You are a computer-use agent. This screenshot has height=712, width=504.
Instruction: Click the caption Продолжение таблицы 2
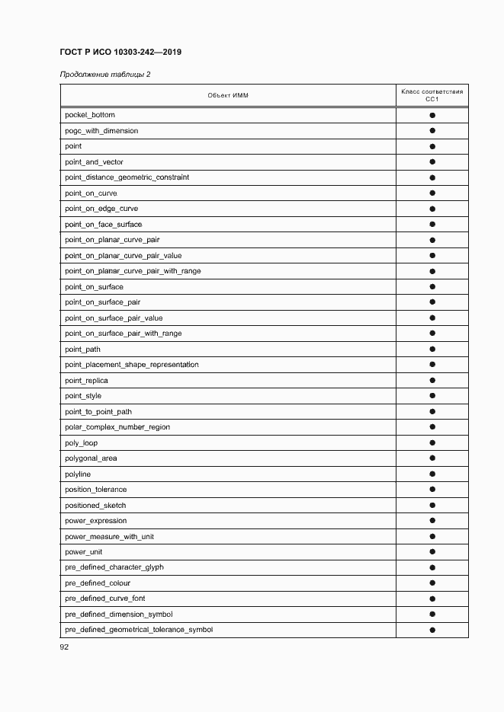(x=104, y=74)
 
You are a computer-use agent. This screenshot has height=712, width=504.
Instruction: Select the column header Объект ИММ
(x=228, y=95)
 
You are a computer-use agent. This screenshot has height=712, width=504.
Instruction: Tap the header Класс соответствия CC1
(x=432, y=95)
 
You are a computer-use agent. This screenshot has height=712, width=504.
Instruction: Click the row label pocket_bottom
(x=90, y=115)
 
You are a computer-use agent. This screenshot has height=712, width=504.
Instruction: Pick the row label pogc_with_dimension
(x=101, y=131)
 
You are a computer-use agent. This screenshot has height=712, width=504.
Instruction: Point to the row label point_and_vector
(x=94, y=162)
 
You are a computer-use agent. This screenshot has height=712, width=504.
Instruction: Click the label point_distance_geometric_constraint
(x=127, y=177)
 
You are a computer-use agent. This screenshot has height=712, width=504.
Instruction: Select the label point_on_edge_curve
(x=101, y=209)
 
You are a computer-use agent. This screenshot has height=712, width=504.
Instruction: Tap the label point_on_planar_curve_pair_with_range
(x=133, y=271)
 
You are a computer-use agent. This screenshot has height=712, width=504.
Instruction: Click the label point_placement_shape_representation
(x=131, y=365)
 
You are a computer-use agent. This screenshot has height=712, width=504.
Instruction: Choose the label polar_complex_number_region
(x=117, y=427)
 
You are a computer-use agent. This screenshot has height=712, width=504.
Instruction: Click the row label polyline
(x=78, y=474)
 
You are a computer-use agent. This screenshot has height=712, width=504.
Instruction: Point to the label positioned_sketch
(x=95, y=506)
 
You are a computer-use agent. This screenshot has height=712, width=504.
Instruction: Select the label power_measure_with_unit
(x=109, y=537)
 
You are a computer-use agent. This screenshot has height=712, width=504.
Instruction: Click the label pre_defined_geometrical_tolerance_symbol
(x=139, y=630)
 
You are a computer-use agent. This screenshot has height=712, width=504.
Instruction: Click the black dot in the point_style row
(x=432, y=396)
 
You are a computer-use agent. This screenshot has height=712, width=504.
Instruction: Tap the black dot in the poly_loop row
(x=432, y=443)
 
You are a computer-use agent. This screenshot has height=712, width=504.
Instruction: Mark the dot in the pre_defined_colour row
(x=432, y=583)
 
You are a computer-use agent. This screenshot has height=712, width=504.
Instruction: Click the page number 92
(x=65, y=647)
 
